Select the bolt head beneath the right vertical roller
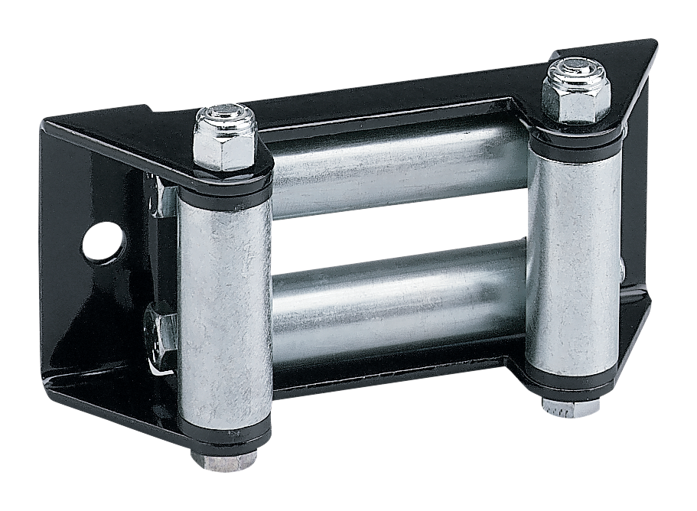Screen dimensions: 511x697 (571, 405)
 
